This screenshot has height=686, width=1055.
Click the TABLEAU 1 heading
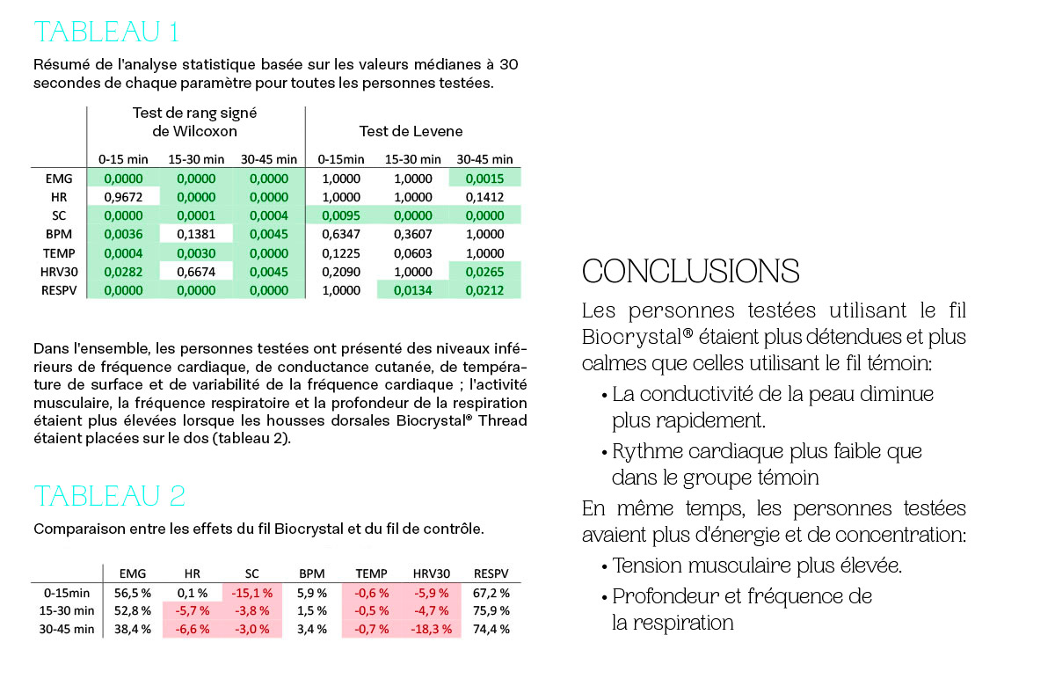pyautogui.click(x=106, y=32)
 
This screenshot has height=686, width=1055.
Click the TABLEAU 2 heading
pyautogui.click(x=110, y=496)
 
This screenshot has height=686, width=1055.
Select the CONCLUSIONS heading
pyautogui.click(x=690, y=272)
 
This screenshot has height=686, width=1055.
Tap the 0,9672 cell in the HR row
pyautogui.click(x=123, y=197)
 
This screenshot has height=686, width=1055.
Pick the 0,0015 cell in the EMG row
pyautogui.click(x=484, y=179)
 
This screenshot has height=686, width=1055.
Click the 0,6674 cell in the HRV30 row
pyautogui.click(x=196, y=272)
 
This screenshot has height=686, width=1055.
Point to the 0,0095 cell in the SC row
pyautogui.click(x=341, y=215)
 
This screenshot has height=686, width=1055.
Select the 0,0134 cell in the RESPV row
pyautogui.click(x=412, y=290)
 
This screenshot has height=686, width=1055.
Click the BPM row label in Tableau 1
pyautogui.click(x=59, y=234)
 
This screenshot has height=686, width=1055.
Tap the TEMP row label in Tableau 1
pyautogui.click(x=59, y=253)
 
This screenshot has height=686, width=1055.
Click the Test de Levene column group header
pyautogui.click(x=411, y=131)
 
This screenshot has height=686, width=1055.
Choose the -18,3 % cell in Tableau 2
pyautogui.click(x=432, y=629)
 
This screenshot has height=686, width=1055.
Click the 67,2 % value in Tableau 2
pyautogui.click(x=491, y=593)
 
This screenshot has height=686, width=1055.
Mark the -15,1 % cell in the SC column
pyautogui.click(x=252, y=593)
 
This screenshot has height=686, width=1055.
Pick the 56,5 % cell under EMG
pyautogui.click(x=133, y=593)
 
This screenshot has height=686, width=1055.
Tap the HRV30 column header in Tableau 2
pyautogui.click(x=432, y=573)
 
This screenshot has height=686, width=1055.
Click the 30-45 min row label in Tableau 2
pyautogui.click(x=67, y=629)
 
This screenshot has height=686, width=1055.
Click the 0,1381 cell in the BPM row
pyautogui.click(x=196, y=234)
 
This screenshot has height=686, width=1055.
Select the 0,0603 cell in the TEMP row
pyautogui.click(x=412, y=253)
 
